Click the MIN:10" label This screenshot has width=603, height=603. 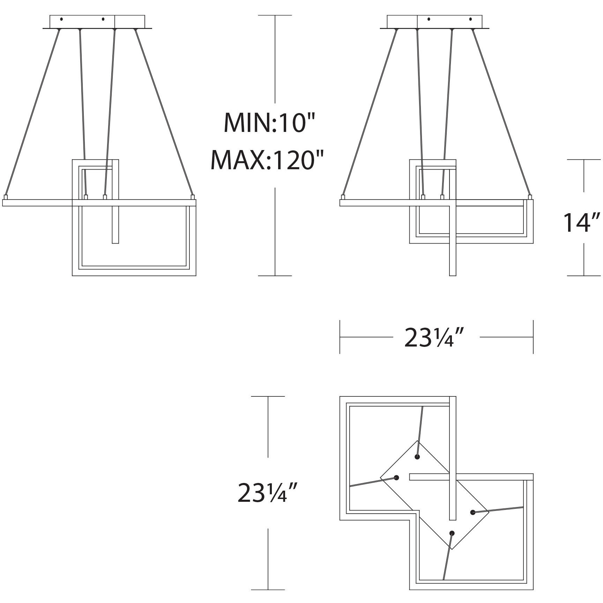click(x=269, y=122)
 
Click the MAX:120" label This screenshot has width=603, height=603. click(x=267, y=160)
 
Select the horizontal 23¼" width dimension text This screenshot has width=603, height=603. click(x=434, y=338)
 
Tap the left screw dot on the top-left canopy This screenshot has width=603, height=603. click(x=61, y=19)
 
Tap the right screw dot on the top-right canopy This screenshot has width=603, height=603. click(x=470, y=19)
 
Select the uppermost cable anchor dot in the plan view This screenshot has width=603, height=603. click(x=417, y=457)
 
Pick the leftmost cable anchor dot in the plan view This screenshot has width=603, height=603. click(x=396, y=477)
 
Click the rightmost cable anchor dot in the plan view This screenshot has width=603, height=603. click(x=472, y=512)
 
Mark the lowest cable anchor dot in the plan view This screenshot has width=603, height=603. click(x=452, y=533)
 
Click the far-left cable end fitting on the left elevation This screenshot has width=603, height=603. click(x=5, y=197)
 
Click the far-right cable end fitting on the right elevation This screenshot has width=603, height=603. click(x=531, y=197)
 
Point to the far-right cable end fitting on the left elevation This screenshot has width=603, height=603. click(x=192, y=197)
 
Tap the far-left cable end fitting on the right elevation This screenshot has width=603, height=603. click(x=343, y=197)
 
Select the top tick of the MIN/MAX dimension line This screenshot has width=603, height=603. click(x=275, y=15)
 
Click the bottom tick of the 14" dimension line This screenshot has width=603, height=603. click(x=584, y=276)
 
